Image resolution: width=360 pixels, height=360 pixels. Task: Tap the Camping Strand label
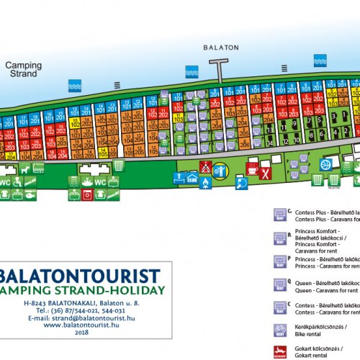click(x=24, y=69)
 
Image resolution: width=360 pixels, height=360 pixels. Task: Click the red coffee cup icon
click(x=253, y=169)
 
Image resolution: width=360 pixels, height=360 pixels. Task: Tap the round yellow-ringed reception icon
click(x=220, y=171)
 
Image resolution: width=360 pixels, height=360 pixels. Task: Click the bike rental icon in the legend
click(x=281, y=330)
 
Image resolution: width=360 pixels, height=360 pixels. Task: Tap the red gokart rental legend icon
click(x=281, y=352)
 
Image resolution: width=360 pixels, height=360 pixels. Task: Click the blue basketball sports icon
click(x=325, y=164)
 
